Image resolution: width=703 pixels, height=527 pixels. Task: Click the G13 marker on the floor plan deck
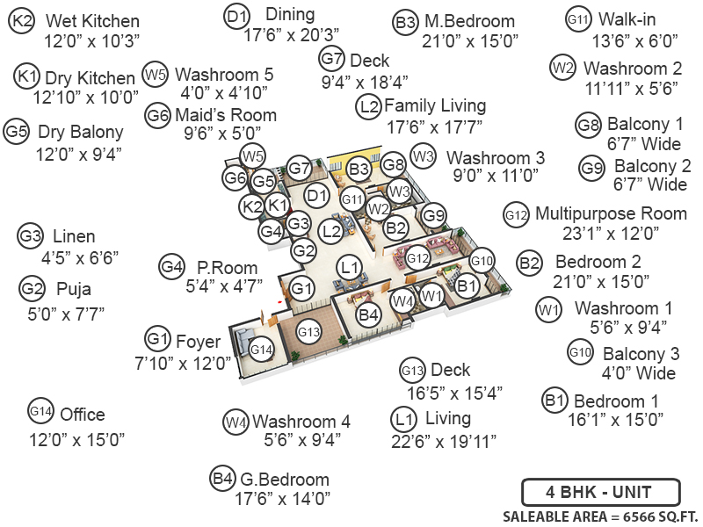coord(309,332)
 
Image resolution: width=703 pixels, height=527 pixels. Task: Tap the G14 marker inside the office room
coord(261,350)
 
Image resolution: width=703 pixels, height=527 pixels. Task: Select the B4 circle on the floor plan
coord(368,314)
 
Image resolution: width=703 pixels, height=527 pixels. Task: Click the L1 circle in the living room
coord(350,266)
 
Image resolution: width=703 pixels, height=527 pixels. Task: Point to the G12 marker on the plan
coord(417,258)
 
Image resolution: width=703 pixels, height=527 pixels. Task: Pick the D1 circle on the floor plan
coord(316,195)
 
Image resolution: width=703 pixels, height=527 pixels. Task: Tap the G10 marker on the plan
coord(482,260)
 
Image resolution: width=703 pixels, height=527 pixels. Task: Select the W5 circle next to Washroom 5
coord(156,75)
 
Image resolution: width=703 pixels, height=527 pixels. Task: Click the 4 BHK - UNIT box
coord(600,492)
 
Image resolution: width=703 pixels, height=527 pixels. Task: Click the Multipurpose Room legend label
coord(611,213)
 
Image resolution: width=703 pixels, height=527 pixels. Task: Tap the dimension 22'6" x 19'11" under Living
coord(446,439)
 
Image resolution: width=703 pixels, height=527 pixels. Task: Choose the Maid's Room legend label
coord(225,115)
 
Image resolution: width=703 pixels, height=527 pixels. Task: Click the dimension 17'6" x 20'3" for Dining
coord(292,34)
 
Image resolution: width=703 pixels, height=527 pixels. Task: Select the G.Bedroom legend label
coord(285,480)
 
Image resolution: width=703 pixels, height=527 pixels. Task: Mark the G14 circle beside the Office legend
coord(41,411)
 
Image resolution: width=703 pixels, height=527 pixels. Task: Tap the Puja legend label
coord(74,289)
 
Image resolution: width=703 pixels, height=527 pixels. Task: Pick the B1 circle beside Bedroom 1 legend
coord(554,401)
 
